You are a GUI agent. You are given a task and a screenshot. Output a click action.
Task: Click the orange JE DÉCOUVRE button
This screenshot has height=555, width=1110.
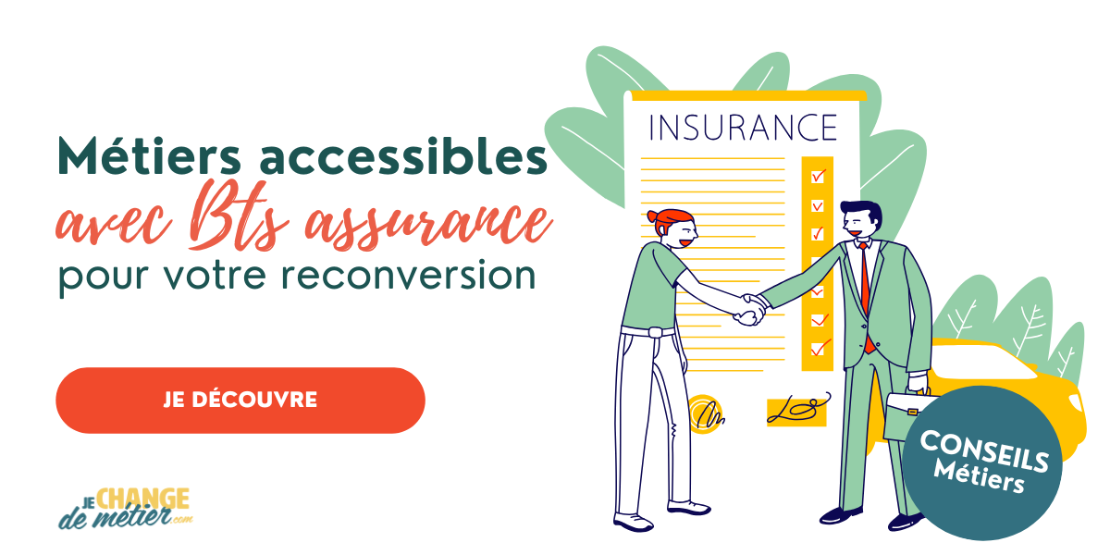[x=240, y=400]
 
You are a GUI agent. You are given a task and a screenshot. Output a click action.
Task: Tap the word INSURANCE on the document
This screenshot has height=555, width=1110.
[x=743, y=127]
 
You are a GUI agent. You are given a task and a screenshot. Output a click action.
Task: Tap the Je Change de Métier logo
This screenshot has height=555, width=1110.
[x=124, y=508]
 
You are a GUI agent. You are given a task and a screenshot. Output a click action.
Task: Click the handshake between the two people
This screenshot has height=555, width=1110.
[x=749, y=307]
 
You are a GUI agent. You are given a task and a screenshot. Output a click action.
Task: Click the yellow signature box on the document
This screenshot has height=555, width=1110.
[x=796, y=411]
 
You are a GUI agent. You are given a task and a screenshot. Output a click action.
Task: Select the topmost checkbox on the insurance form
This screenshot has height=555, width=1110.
[x=818, y=176]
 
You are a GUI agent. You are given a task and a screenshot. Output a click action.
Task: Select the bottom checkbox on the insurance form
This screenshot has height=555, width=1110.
[x=818, y=349]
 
